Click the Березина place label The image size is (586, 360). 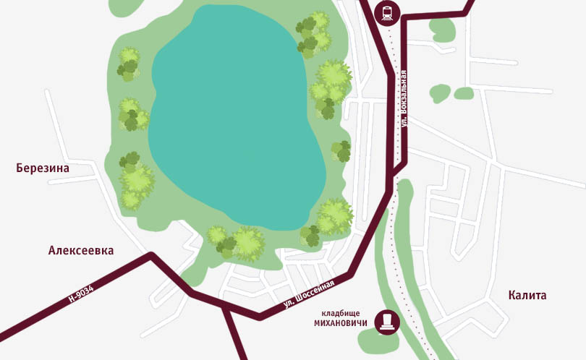(43, 168)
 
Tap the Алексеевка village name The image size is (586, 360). (81, 250)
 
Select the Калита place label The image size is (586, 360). (527, 295)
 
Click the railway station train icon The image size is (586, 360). (387, 12)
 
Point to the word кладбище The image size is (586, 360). (342, 312)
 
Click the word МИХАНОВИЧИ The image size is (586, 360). (341, 322)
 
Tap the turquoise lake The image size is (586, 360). (228, 116)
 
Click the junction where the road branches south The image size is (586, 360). (226, 307)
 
